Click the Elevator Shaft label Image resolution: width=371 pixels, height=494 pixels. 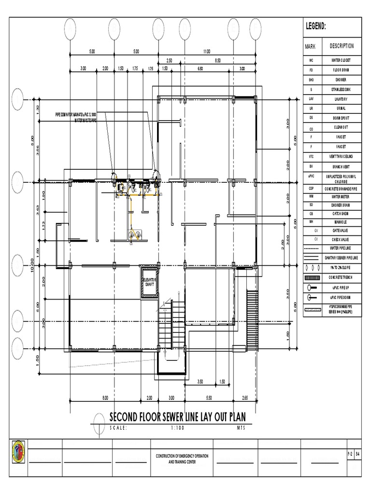pos(149,282)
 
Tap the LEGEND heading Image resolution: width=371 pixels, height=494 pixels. pos(315,27)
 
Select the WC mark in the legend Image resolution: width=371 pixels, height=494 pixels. pos(312,61)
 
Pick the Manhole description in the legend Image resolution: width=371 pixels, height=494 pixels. pos(340,221)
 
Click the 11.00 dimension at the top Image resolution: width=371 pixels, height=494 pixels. pos(207,51)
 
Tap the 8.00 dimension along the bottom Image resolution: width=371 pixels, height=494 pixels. pos(105,398)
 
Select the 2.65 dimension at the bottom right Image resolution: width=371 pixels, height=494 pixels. pos(244,398)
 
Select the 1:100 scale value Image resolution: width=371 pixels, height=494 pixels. pos(178,427)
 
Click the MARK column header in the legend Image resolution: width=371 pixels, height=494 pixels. pos(310,47)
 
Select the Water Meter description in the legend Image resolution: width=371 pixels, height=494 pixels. pos(340,196)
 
